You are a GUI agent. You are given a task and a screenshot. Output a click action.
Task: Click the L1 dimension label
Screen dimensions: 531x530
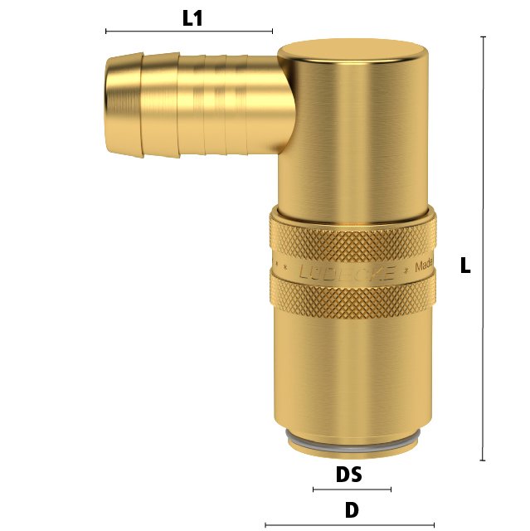[192, 17]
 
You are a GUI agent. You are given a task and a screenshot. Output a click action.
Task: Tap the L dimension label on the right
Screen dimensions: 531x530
[465, 266]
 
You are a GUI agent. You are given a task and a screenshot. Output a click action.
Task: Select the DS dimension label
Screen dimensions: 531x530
[349, 475]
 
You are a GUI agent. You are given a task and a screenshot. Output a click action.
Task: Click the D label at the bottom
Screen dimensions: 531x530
[352, 510]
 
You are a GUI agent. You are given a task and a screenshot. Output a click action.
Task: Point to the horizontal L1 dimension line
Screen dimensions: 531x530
[189, 32]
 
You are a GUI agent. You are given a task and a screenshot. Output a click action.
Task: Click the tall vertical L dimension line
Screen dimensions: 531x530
[483, 249]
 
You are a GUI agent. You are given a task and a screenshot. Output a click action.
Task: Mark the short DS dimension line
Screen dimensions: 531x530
[351, 490]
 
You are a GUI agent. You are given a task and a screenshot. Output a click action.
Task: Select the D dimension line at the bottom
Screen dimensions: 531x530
[349, 524]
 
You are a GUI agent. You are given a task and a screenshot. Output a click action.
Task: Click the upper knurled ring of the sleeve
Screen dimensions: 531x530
[352, 236]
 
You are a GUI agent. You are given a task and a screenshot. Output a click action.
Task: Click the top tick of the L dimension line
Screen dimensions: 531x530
[483, 37]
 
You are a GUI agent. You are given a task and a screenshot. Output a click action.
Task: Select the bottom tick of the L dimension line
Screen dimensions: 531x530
[483, 460]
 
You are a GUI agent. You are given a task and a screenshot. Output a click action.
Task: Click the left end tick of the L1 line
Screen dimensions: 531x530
[106, 32]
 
